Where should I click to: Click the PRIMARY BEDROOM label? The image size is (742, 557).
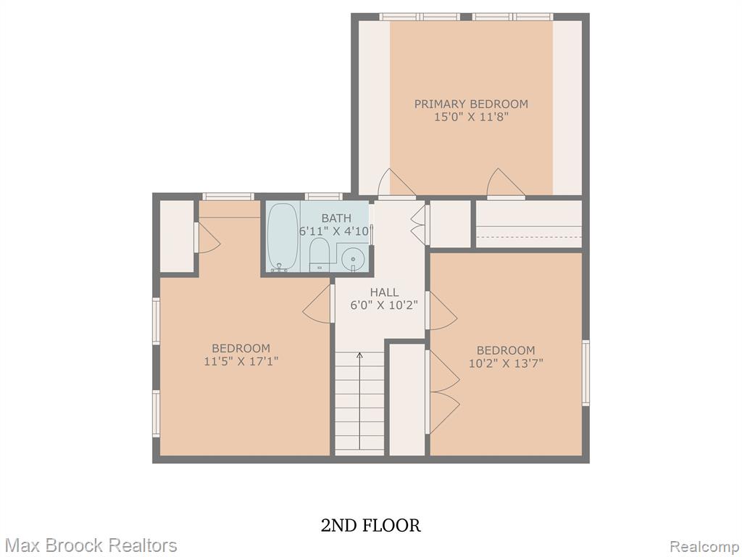click(471, 104)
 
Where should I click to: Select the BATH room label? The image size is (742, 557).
click(336, 218)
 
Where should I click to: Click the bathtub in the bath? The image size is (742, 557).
click(283, 237)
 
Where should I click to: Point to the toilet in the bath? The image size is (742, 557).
click(319, 255)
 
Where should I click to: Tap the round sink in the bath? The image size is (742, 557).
click(353, 259)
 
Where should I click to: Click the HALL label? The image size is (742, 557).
click(384, 292)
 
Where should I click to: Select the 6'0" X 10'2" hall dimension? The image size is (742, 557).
click(384, 305)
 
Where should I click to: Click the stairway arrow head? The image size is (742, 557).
click(359, 354)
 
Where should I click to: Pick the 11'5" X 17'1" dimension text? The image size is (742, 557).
click(241, 361)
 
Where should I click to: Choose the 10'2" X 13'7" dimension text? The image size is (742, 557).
click(506, 363)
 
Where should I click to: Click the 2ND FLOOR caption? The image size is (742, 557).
click(370, 525)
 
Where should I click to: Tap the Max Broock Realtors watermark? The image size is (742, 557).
click(91, 545)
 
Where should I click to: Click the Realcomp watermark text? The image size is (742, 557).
click(705, 546)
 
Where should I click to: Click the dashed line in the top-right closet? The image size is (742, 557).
click(528, 236)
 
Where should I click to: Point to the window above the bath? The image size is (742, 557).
click(324, 196)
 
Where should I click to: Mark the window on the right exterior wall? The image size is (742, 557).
click(585, 373)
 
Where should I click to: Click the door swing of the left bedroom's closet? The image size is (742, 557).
click(209, 237)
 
